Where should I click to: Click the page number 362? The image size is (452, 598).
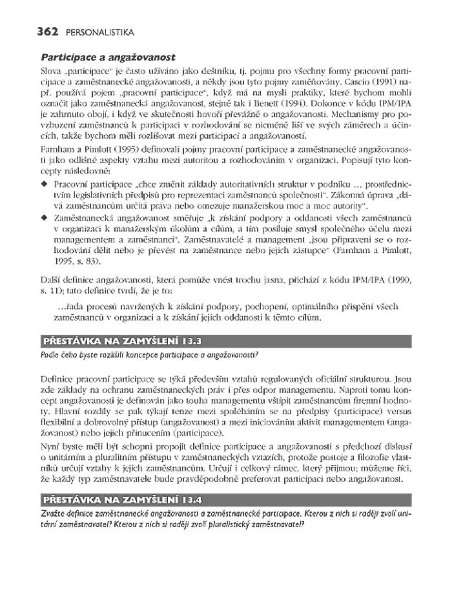pyautogui.click(x=48, y=32)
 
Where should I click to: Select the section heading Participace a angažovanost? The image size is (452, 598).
pyautogui.click(x=108, y=57)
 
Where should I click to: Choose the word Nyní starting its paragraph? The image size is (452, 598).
pyautogui.click(x=50, y=446)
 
